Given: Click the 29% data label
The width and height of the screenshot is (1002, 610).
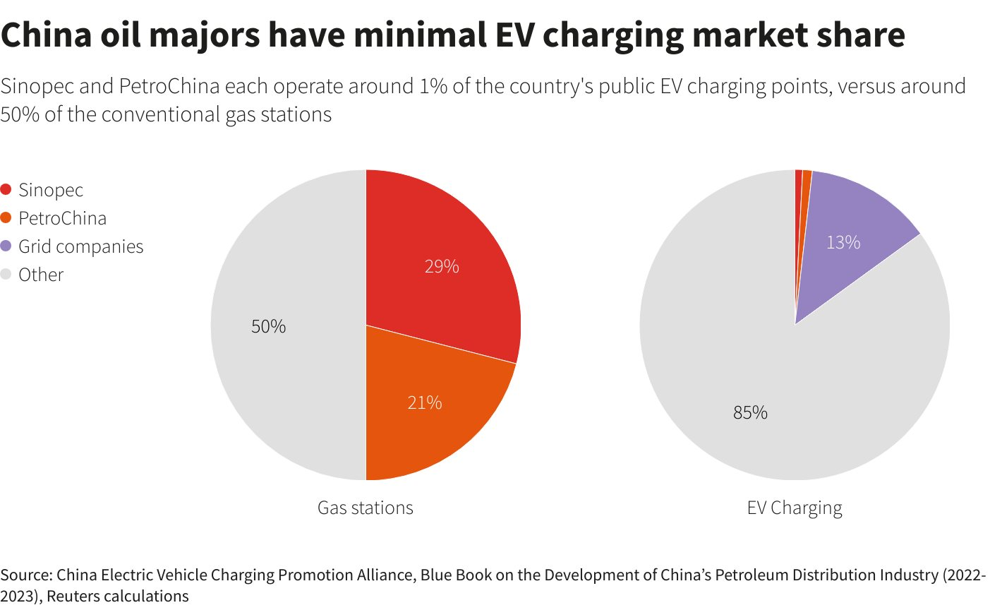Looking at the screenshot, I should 442,266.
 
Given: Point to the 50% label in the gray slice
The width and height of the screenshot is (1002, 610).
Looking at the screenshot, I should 269,326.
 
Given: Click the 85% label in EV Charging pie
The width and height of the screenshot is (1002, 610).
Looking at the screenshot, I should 750,412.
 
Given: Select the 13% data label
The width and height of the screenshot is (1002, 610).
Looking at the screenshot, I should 843,242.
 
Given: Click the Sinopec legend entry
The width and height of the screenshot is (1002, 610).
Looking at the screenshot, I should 51,190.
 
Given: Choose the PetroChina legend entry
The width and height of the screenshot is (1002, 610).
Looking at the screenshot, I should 62,218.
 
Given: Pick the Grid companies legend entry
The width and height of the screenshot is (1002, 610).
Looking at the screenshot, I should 80,246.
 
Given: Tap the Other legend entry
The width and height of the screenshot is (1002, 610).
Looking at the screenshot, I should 41,275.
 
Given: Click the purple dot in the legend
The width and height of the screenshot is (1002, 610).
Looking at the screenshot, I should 6,246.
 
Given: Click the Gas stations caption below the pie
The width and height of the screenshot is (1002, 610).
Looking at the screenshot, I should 365,508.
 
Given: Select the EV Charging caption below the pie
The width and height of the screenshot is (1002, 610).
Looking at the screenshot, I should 795,508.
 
